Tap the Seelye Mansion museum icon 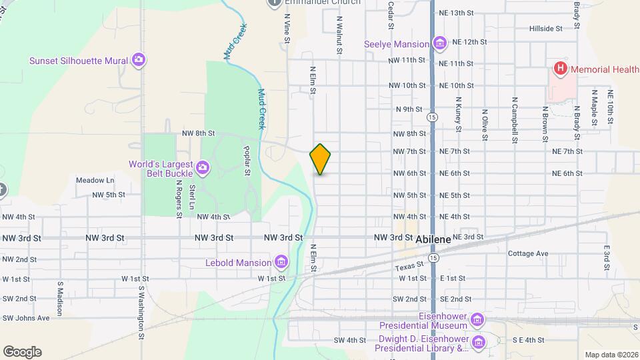tap(439, 44)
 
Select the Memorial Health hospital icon tap(561, 68)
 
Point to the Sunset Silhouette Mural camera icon tap(139, 61)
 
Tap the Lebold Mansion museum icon tap(281, 262)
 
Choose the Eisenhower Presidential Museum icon tap(477, 321)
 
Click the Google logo tap(22, 351)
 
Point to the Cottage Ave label tap(527, 253)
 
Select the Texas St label tap(410, 267)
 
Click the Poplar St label tap(247, 161)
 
